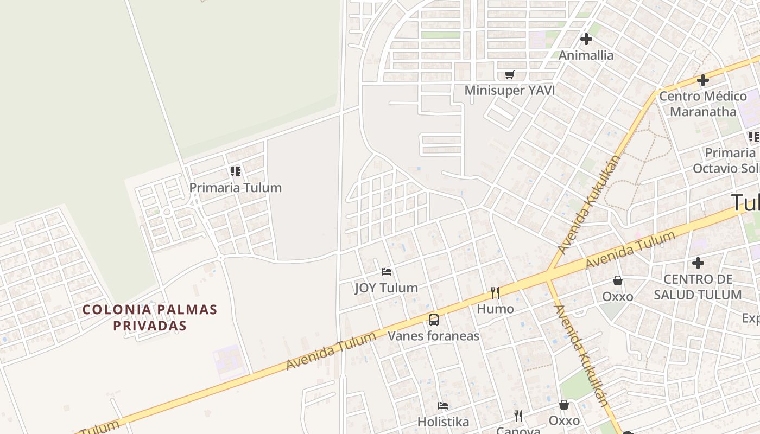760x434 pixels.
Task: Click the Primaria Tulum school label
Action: [235, 188]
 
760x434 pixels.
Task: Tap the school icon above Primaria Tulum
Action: [236, 171]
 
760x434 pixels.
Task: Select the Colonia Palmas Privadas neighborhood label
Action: [150, 317]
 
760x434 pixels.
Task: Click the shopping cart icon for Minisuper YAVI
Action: [509, 74]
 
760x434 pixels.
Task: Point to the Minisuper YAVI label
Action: [509, 90]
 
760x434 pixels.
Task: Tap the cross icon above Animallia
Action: [586, 39]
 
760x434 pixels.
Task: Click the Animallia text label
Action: [586, 55]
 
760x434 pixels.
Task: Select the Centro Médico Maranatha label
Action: [702, 104]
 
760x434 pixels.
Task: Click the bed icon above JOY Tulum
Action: [387, 271]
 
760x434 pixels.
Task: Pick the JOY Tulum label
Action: [387, 288]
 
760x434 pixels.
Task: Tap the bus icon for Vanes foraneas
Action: [433, 320]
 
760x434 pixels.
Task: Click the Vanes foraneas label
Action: [433, 336]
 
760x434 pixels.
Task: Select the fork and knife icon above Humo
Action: [495, 293]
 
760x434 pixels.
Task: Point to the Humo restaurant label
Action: [495, 309]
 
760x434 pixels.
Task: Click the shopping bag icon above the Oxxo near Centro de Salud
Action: [618, 280]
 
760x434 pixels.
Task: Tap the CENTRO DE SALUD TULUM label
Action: [698, 287]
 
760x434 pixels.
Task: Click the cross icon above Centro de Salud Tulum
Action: [698, 263]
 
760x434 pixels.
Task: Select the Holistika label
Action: [443, 422]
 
